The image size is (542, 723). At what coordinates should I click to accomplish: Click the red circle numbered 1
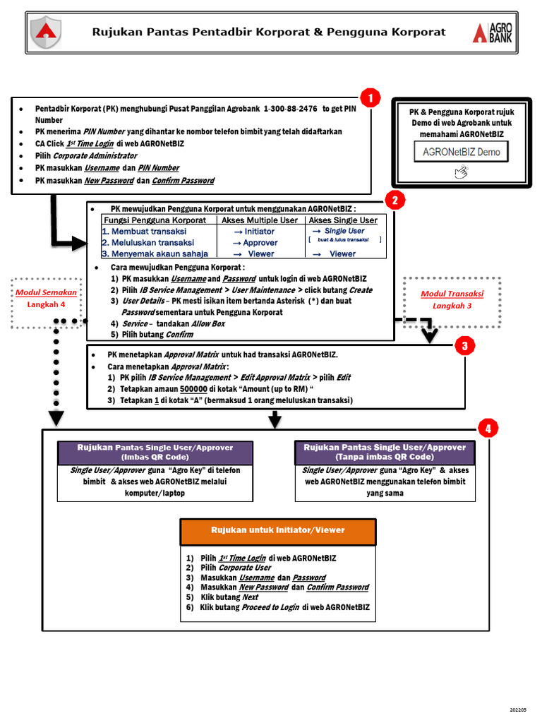coord(371,97)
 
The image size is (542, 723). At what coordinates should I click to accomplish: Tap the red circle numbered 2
coord(395,201)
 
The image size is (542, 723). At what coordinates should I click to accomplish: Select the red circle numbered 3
coord(464,346)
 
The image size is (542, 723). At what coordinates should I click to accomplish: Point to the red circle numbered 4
coord(488,428)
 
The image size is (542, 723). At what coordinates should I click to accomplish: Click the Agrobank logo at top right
coord(493,32)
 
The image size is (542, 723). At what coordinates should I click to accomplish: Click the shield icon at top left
coord(46,32)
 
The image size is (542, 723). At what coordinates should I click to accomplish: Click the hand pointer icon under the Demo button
coord(461,172)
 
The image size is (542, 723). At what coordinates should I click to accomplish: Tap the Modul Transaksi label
coord(452,294)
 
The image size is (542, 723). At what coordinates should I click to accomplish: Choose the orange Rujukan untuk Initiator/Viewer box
coord(278,530)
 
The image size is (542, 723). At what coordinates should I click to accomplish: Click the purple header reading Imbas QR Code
coord(155,452)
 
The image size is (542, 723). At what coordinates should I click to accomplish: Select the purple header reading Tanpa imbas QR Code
coord(385,452)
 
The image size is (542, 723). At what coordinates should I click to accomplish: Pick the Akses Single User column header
coord(343,220)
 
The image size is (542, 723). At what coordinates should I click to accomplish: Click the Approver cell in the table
coord(260,242)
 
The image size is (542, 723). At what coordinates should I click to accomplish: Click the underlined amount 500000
coord(193,389)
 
